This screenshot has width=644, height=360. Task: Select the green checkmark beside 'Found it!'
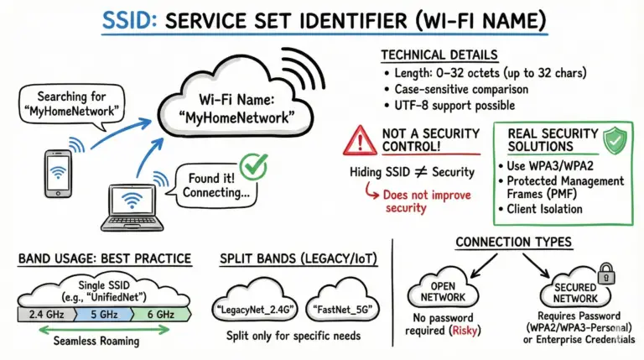point(251,165)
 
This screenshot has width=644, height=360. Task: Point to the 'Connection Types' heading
point(513,243)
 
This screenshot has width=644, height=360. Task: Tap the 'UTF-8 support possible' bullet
point(453,106)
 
